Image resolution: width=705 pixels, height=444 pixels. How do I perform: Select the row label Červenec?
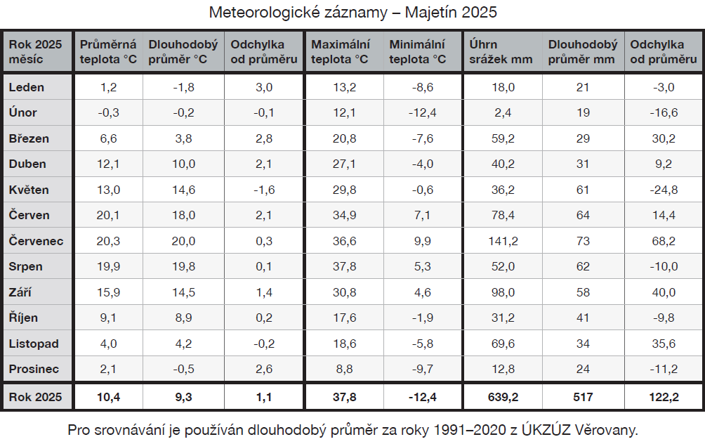[36, 241]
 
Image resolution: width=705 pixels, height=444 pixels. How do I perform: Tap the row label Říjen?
[23, 318]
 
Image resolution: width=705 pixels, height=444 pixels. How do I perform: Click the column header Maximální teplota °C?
[341, 51]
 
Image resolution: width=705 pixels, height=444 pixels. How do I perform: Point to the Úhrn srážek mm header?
[501, 51]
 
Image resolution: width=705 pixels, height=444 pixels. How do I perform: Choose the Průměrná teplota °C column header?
[108, 51]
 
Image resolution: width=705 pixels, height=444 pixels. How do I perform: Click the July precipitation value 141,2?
[503, 241]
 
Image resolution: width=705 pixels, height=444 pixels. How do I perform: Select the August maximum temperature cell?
[344, 266]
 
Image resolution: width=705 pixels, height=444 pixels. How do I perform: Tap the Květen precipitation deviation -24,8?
[663, 190]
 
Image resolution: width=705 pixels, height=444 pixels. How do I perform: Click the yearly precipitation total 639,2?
[503, 397]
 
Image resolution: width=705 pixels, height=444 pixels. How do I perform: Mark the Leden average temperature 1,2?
[108, 87]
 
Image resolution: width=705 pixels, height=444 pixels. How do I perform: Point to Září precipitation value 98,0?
[503, 292]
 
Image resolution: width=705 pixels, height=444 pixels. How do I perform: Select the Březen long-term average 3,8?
[183, 138]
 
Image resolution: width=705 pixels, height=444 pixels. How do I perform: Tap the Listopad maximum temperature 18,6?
[344, 344]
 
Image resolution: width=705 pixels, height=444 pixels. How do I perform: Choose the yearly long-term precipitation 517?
[582, 397]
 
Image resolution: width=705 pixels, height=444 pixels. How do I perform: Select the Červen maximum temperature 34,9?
[344, 215]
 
